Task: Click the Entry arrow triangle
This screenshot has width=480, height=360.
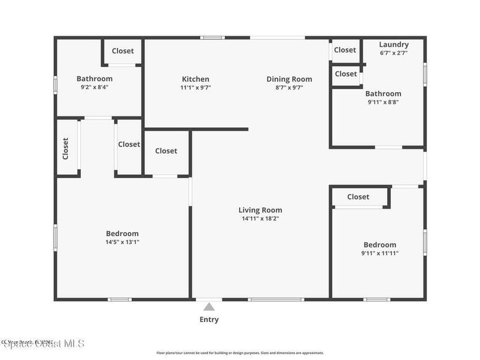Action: [209, 307]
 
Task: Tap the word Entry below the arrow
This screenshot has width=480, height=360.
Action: [209, 320]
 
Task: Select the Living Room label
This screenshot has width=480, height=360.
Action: [260, 210]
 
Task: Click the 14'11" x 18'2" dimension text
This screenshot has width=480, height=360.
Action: [260, 218]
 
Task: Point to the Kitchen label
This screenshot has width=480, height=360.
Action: [195, 79]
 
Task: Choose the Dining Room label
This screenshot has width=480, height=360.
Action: [289, 79]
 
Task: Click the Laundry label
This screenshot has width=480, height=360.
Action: [394, 45]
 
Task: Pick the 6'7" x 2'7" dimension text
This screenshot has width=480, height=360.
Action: [394, 53]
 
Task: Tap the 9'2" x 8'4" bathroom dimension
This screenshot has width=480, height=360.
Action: [95, 87]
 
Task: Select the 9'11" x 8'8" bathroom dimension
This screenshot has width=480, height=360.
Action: [383, 102]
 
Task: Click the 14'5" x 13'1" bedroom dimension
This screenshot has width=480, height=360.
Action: [122, 242]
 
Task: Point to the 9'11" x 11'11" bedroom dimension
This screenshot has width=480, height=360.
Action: [380, 253]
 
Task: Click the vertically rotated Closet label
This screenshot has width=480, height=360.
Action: [66, 148]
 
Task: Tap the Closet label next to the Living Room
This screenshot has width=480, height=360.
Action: [166, 150]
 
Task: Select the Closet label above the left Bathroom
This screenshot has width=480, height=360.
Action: [123, 51]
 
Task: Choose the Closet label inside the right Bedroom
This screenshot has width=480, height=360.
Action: [358, 197]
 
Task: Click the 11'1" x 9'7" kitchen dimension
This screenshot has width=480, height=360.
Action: [195, 87]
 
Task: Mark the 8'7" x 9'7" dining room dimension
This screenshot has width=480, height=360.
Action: [289, 87]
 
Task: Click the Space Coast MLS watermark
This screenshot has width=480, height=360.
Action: [43, 344]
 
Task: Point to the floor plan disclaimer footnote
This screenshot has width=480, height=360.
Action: [240, 353]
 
